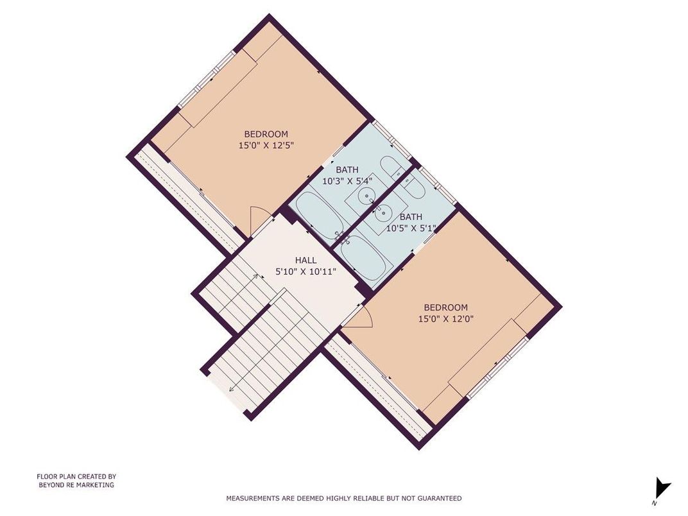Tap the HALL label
tap(305, 260)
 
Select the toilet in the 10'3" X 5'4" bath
tap(391, 166)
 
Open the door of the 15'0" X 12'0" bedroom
tap(356, 319)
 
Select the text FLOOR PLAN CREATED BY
tap(76, 477)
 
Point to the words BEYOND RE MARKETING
tap(76, 485)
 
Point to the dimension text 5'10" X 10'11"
tap(305, 271)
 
